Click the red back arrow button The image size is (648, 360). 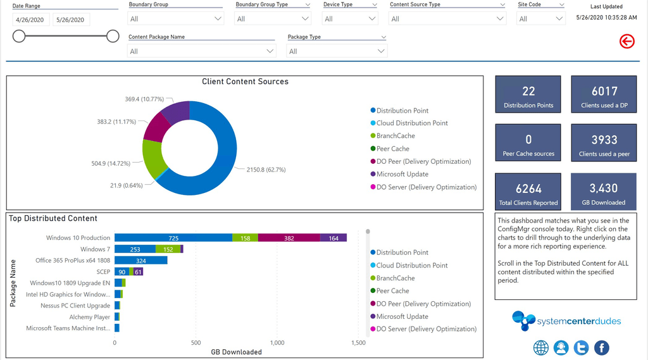(x=626, y=42)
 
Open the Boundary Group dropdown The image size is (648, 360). (x=175, y=19)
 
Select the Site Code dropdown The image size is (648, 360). (x=541, y=19)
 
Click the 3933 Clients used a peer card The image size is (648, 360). (x=604, y=144)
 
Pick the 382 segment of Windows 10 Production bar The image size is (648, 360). (x=289, y=238)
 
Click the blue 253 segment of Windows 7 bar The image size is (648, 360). (x=135, y=249)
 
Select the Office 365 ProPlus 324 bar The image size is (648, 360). (x=140, y=261)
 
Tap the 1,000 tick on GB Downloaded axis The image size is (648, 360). (x=277, y=343)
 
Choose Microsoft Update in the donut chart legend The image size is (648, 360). (x=402, y=174)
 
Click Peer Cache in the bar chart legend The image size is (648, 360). (x=392, y=291)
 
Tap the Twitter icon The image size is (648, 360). (x=581, y=347)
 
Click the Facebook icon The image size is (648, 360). (x=601, y=347)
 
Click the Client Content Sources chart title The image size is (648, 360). (x=245, y=82)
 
